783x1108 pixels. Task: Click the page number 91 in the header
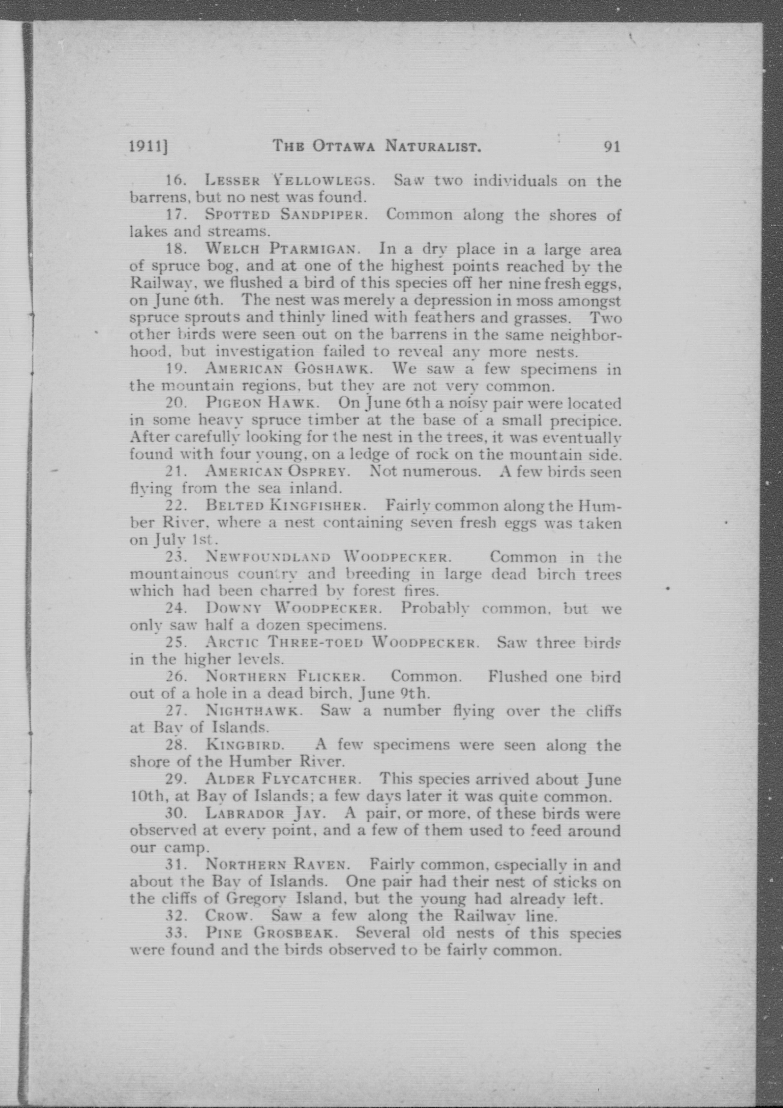[612, 146]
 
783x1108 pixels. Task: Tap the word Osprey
[324, 471]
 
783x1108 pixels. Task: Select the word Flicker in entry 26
[330, 676]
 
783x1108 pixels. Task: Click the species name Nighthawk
[254, 711]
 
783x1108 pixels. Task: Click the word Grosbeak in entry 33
[293, 933]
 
